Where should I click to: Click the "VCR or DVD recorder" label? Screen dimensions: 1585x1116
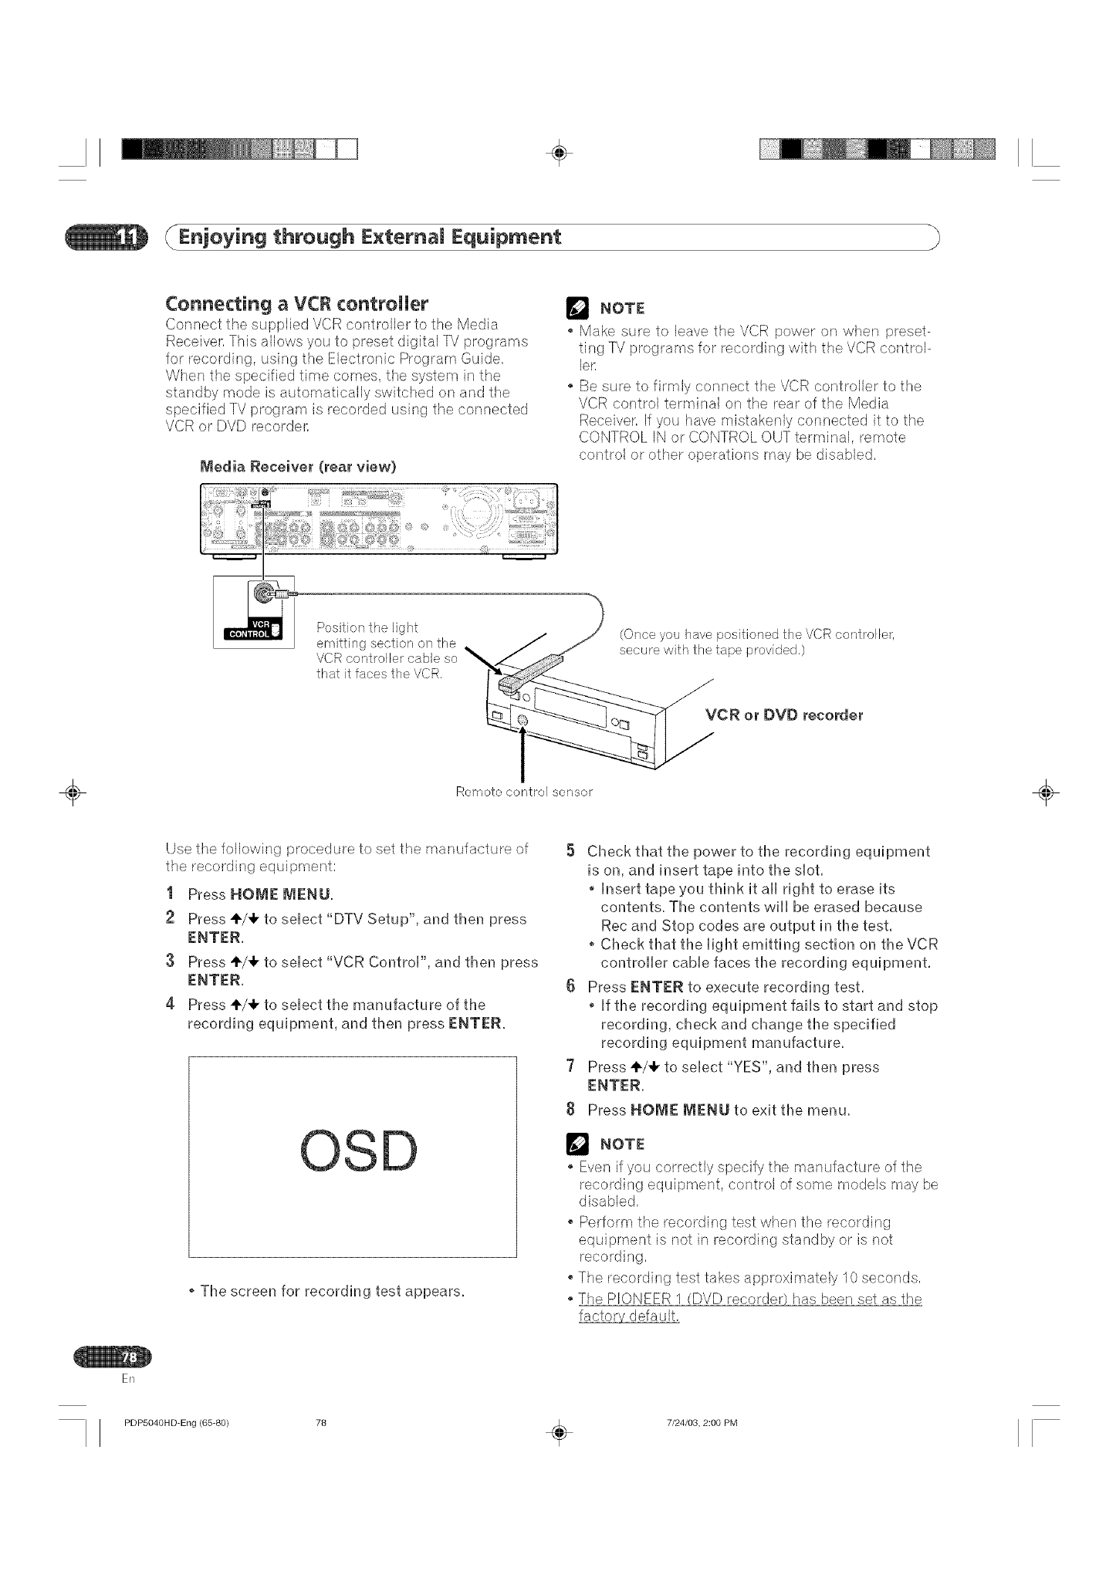point(784,715)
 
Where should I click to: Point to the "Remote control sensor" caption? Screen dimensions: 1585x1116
point(524,792)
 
